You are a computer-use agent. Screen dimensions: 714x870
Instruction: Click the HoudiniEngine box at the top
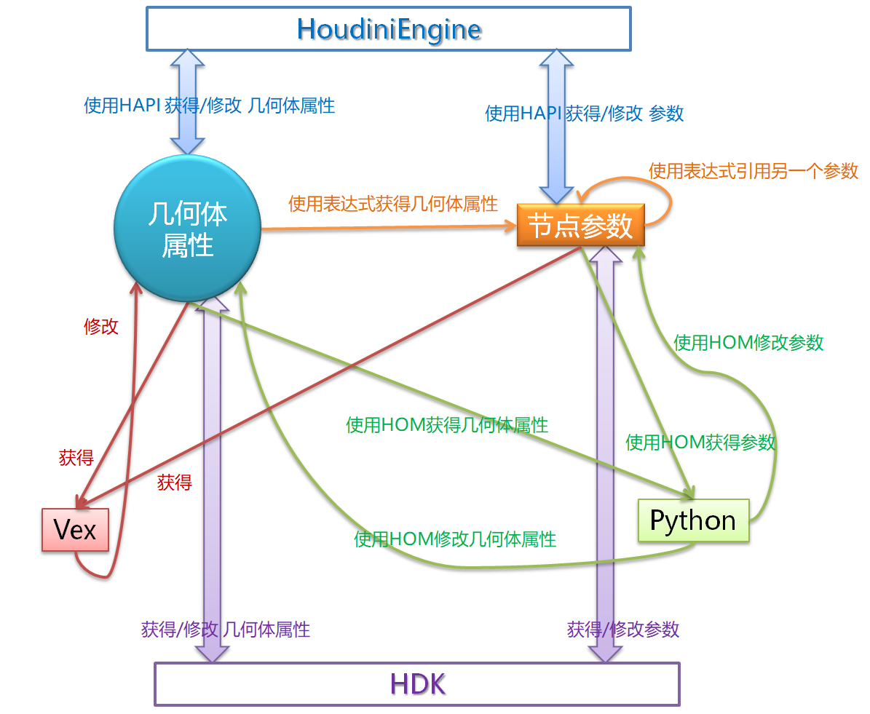(x=388, y=29)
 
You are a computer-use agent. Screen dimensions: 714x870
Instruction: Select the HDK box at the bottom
(x=416, y=684)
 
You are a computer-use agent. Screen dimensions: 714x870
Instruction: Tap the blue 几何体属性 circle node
(x=187, y=228)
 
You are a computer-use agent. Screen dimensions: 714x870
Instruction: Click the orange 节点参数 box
(x=580, y=226)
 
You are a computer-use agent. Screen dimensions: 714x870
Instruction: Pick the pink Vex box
(x=75, y=529)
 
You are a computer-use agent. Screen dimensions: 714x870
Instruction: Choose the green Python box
(x=692, y=520)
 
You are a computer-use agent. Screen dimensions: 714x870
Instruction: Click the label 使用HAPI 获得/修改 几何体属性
(x=209, y=106)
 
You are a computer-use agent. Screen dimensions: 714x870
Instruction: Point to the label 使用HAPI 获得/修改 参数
(x=585, y=114)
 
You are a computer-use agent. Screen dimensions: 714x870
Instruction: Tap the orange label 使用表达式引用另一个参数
(x=754, y=171)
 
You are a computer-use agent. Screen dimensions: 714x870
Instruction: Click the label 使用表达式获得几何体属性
(x=392, y=203)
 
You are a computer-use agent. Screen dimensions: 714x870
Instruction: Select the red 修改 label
(x=100, y=326)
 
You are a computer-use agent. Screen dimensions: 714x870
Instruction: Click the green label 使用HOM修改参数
(x=748, y=342)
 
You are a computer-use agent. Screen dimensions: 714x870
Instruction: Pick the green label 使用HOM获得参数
(x=700, y=442)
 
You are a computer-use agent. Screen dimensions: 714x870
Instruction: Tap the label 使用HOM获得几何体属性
(x=447, y=424)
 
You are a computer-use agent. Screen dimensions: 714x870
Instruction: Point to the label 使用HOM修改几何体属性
(x=455, y=539)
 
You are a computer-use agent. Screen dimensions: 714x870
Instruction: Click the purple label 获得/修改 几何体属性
(x=226, y=629)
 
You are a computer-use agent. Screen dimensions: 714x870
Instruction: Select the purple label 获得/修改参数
(x=623, y=629)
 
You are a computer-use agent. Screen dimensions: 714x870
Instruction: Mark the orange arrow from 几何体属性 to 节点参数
(x=386, y=228)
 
